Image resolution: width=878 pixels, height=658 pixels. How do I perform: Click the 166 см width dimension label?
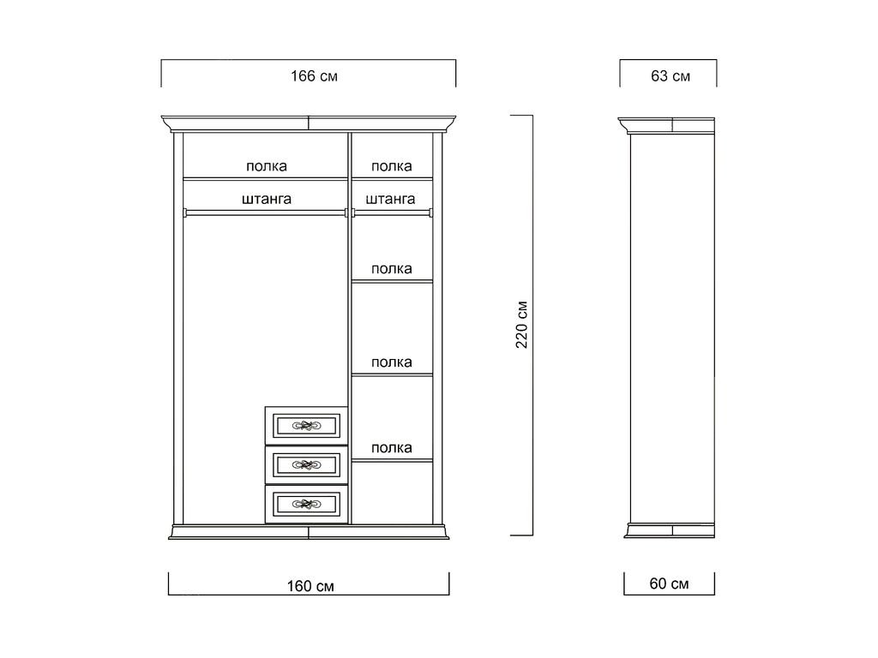314,76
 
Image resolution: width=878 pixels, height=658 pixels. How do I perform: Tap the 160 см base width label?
310,586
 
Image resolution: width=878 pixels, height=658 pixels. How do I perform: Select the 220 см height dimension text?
522,325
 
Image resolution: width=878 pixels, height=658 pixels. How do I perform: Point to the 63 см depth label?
671,76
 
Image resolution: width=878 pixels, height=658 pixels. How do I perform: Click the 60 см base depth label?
669,583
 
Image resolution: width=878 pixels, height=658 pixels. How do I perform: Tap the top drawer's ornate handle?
306,426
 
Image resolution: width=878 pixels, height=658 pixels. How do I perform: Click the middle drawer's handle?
306,464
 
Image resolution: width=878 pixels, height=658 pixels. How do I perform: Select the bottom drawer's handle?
306,504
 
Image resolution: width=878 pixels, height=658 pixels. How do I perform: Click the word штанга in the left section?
267,199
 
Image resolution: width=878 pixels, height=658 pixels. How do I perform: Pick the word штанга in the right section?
390,199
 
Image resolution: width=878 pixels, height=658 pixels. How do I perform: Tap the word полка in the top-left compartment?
267,166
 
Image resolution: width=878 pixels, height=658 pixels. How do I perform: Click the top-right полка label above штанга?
391,166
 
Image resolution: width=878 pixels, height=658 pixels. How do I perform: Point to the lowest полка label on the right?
391,447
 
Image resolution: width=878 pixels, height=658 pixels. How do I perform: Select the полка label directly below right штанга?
391,268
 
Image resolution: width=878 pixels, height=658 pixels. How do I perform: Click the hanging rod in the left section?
266,212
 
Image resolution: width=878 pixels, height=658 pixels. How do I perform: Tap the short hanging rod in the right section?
393,212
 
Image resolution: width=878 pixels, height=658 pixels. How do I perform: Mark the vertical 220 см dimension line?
532,325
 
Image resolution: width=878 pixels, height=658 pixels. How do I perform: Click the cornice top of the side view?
666,125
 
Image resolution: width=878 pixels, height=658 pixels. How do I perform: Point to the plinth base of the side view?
670,530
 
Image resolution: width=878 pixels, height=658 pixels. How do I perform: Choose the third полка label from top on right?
391,362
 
